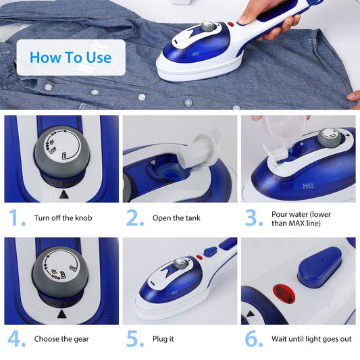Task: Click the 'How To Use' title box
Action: [x=70, y=57]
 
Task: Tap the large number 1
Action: [x=15, y=219]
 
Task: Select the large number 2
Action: [x=135, y=219]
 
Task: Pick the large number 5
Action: [x=135, y=338]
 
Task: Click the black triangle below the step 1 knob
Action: [x=63, y=193]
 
